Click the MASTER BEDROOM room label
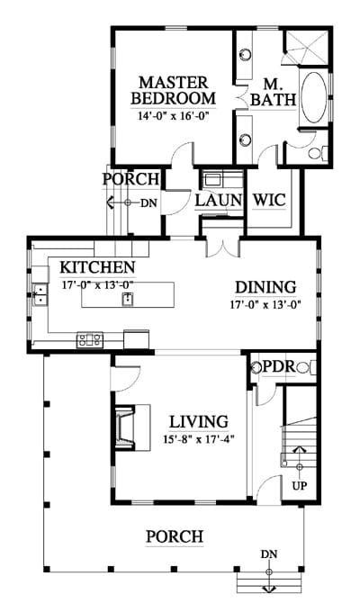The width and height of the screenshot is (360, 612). [x=173, y=91]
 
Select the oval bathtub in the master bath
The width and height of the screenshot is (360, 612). [x=314, y=97]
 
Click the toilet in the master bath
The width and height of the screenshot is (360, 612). [x=318, y=153]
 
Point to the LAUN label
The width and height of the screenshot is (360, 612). [x=219, y=200]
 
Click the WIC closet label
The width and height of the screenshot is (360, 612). [x=269, y=200]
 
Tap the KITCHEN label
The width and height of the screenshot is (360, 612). [x=97, y=267]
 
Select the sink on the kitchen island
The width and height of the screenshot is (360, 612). [x=128, y=299]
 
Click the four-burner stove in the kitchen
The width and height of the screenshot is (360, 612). [x=90, y=339]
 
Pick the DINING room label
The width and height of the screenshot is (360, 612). [x=265, y=287]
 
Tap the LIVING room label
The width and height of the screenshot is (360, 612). [x=198, y=422]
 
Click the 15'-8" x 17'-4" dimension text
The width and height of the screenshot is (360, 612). [x=199, y=439]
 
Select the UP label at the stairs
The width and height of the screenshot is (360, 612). [x=300, y=486]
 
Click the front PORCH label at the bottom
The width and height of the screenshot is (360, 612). [x=175, y=536]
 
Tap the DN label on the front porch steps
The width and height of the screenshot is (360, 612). [x=268, y=554]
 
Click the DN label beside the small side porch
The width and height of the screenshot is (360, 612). [x=148, y=202]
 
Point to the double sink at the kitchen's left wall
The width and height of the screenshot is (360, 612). [x=40, y=294]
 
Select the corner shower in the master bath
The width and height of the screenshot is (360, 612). [x=308, y=47]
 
